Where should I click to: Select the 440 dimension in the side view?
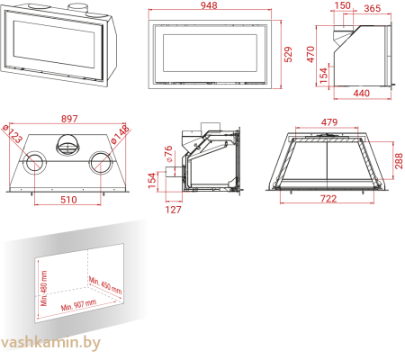coord(361,94)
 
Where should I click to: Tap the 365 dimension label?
coord(372,7)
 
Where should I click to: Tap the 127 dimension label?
coord(174,211)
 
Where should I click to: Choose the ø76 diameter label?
coord(168,152)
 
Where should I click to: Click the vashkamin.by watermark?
coord(51,343)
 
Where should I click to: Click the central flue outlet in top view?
coord(68,143)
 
